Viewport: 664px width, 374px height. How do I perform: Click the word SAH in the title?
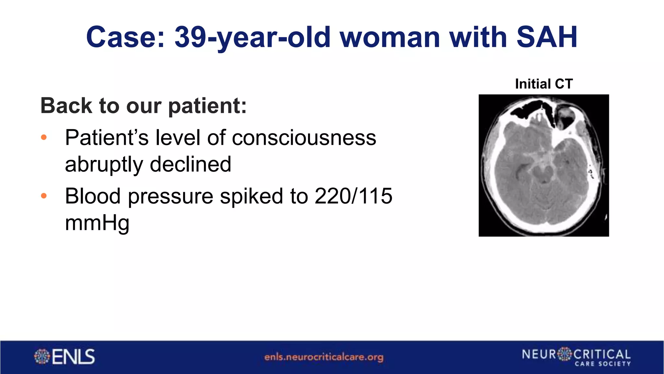point(547,37)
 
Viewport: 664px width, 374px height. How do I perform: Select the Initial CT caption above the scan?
point(544,84)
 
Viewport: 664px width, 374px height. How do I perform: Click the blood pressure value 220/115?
point(353,196)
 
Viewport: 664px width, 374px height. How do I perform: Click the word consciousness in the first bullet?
point(304,138)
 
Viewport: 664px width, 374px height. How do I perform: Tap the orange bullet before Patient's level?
point(44,138)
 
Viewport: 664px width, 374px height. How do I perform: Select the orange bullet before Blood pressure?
point(44,196)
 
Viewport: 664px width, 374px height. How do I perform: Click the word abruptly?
point(104,164)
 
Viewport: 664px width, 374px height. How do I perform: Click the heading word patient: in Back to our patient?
point(207,106)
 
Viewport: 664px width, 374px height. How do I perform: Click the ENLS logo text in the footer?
point(73,356)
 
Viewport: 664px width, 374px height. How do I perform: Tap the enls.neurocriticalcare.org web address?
point(324,357)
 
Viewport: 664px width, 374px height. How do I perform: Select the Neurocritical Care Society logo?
point(576,356)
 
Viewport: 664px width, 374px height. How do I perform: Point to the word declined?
point(190,164)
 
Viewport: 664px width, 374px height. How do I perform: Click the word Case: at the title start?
point(125,37)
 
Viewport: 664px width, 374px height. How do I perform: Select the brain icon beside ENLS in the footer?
point(42,356)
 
